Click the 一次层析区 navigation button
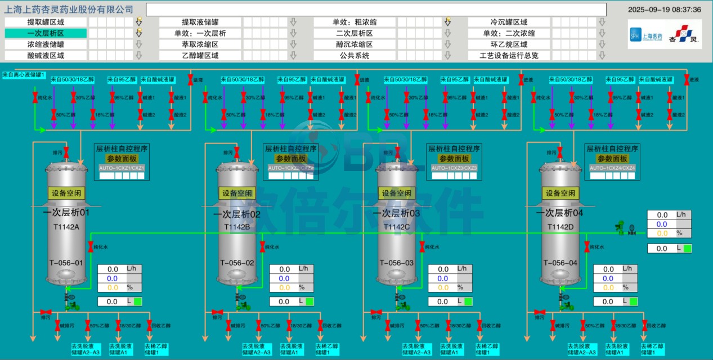click(x=46, y=33)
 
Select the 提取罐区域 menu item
click(x=46, y=22)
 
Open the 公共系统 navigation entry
click(x=355, y=56)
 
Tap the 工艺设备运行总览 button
click(x=509, y=56)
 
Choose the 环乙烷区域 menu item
click(x=509, y=44)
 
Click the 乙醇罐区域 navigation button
click(x=200, y=56)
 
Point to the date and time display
click(x=664, y=10)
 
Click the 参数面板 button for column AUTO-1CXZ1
click(x=122, y=159)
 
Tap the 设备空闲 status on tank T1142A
click(x=66, y=193)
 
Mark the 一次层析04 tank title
click(x=559, y=213)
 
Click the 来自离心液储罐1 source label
click(x=24, y=74)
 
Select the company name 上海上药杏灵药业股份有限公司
click(x=69, y=10)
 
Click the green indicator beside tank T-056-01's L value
click(x=138, y=301)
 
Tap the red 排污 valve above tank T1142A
click(x=66, y=152)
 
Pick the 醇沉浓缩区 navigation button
click(x=355, y=44)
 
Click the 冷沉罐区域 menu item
click(x=509, y=22)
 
